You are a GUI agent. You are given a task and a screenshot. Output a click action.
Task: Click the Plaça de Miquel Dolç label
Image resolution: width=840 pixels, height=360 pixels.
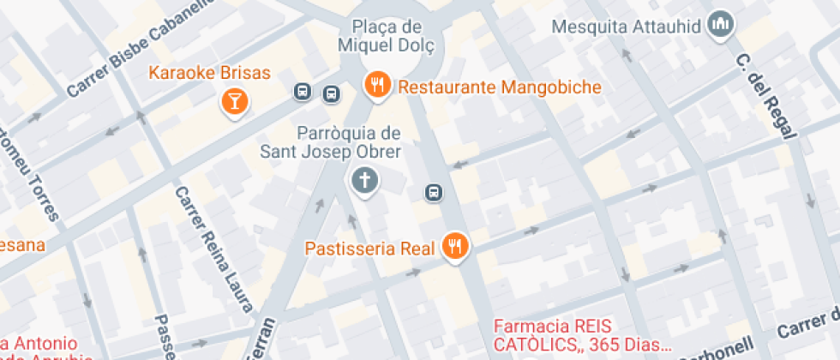click(393, 35)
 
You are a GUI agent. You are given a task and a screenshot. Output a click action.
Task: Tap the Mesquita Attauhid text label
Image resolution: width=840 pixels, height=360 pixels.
click(627, 27)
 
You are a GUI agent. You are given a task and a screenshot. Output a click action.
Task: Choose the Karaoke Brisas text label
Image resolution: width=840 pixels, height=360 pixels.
click(210, 72)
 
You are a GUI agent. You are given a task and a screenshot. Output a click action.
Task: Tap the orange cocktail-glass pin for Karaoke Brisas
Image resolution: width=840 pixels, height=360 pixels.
click(233, 102)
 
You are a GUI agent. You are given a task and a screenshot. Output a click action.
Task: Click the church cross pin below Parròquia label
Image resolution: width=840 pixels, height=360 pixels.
click(364, 180)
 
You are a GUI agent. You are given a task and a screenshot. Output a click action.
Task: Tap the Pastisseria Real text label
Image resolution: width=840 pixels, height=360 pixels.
click(371, 249)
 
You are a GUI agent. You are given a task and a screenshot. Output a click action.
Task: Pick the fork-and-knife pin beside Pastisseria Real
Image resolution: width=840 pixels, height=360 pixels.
click(454, 247)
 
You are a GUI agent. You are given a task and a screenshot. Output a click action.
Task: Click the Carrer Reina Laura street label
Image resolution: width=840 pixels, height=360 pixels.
click(213, 249)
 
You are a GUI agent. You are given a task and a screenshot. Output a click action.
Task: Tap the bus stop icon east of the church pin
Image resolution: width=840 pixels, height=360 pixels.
click(435, 192)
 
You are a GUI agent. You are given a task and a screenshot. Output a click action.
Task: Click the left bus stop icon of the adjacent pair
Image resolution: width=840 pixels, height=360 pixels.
click(303, 92)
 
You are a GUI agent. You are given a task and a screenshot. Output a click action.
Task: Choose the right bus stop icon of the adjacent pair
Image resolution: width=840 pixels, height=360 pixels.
click(331, 93)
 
